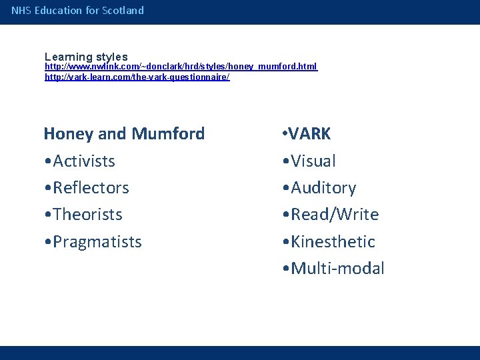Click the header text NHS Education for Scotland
pos(77,11)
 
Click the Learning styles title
pos(86,57)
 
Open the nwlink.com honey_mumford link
pos(181,67)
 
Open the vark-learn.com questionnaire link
pos(137,77)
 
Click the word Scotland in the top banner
pos(123,11)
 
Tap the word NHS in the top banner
pos(21,11)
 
